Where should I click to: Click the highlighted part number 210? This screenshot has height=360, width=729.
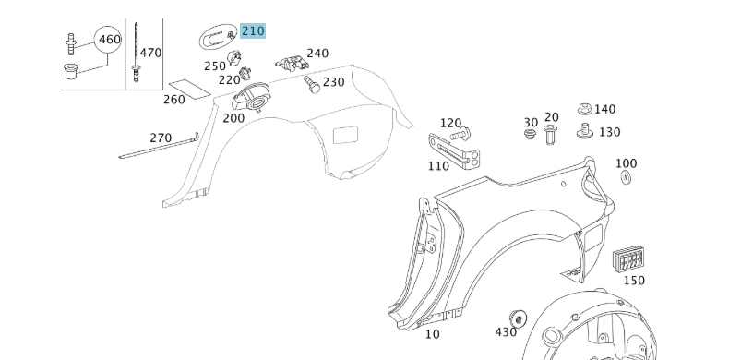click(252, 30)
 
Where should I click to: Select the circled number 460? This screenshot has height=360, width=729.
click(110, 40)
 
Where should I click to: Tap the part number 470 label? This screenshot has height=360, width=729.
click(150, 53)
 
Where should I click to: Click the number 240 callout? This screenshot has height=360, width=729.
click(317, 54)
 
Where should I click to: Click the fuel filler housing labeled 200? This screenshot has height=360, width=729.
click(251, 96)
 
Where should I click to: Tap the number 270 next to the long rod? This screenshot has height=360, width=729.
click(161, 138)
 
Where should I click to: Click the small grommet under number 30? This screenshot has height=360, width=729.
click(531, 137)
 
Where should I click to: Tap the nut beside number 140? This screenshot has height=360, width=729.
click(584, 111)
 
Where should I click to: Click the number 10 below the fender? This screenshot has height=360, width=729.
click(432, 334)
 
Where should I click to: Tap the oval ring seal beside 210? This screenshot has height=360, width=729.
click(216, 38)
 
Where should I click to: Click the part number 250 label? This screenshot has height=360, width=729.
click(214, 66)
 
